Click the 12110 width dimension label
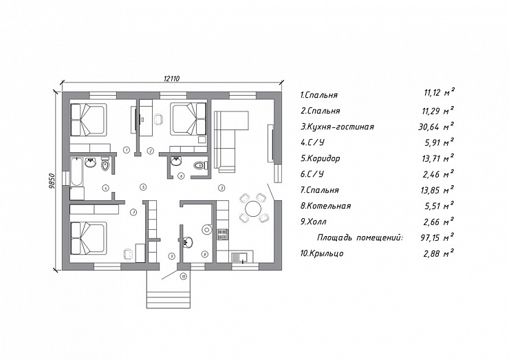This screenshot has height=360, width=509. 171,78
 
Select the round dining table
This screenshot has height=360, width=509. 253,209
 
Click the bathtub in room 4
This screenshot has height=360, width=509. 76,172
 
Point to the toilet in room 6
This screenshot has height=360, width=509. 201,165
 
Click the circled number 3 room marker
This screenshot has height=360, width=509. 221,188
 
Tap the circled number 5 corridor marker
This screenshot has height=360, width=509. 143,187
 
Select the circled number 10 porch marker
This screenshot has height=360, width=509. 184,277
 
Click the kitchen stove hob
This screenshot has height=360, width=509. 223,234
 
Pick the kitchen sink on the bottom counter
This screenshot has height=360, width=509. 239,257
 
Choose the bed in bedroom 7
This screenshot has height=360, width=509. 89,238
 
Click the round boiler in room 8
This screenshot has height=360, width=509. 206,229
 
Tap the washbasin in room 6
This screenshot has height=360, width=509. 177,162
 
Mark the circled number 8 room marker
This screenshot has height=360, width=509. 204,254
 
